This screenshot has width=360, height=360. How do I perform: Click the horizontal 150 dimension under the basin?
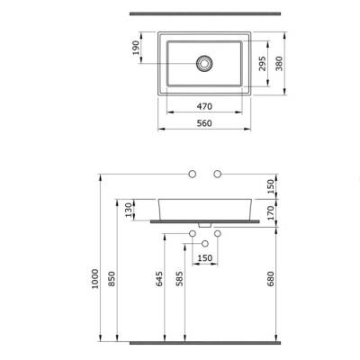click(x=206, y=259)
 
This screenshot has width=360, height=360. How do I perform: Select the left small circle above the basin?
click(x=192, y=171)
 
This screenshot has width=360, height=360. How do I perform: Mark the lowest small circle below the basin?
click(x=206, y=244)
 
